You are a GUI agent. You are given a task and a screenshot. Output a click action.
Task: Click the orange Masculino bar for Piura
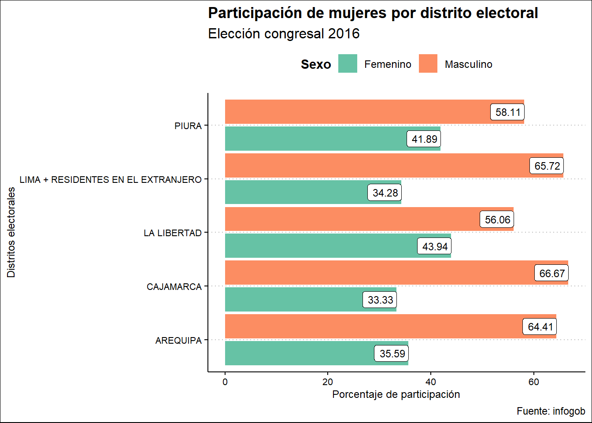pos(352,112)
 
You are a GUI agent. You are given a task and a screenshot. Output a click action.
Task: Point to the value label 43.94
pos(435,246)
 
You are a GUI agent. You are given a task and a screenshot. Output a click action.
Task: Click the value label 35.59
pos(392,353)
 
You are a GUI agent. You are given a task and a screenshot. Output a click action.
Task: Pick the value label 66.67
pos(551,273)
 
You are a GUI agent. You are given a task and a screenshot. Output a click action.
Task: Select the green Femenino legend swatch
pos(348,64)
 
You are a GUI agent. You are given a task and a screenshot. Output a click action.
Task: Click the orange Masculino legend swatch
pos(428,64)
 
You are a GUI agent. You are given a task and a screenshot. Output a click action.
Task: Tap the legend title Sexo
pos(316,64)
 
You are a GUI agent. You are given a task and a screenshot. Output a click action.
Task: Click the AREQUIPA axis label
pos(178,340)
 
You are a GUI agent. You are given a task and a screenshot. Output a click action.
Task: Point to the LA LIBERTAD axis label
pos(173,233)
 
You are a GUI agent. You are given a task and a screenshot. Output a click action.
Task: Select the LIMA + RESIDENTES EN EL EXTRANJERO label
pos(111,179)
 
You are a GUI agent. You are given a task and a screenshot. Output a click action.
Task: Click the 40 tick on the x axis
pos(431,382)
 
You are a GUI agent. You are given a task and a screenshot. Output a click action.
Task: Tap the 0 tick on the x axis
pos(225,382)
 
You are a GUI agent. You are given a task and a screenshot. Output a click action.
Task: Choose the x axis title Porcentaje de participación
pos(396,394)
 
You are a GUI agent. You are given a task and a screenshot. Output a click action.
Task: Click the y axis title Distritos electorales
pos(11,232)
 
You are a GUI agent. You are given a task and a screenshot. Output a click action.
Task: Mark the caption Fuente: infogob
pos(551,411)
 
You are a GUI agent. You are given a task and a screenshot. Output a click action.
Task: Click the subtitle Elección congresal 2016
pos(284,34)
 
